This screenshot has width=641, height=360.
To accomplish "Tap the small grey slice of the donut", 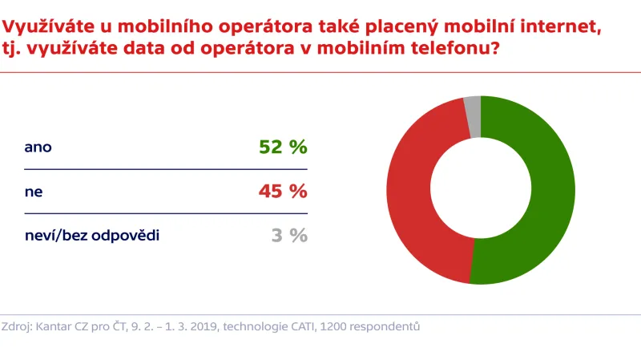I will point(473,107).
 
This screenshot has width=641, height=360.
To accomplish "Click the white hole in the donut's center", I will point(481,190).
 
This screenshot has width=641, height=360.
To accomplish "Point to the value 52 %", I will point(283,148).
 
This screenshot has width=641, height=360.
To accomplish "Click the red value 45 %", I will point(283,192).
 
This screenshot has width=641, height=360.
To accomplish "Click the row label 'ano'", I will point(38,148).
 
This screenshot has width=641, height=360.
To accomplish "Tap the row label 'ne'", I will point(33,192).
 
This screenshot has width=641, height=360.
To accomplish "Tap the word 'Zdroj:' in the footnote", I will point(17,326).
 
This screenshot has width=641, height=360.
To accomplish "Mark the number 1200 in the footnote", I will point(332,326).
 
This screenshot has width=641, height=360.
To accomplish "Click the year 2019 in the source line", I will point(202,326).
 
